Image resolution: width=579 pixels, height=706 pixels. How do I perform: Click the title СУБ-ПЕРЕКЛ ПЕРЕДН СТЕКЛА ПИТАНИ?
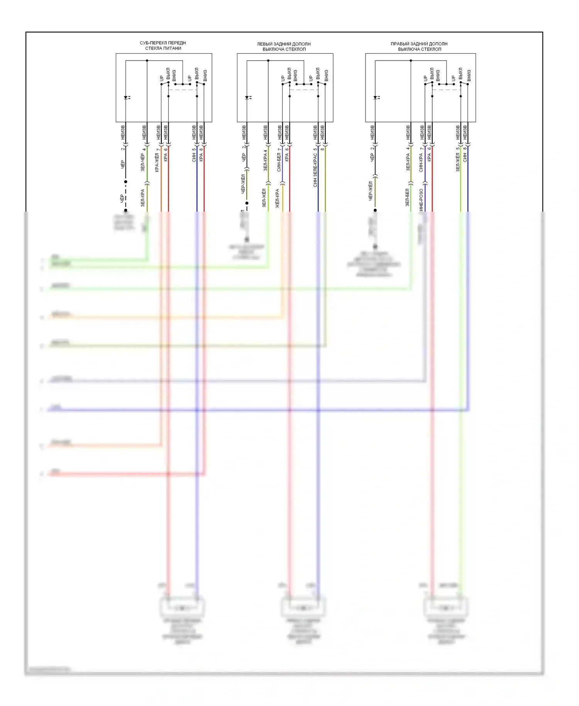[x=163, y=46]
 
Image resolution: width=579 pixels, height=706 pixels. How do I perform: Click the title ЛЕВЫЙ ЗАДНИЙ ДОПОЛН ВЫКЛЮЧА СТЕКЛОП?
[x=284, y=46]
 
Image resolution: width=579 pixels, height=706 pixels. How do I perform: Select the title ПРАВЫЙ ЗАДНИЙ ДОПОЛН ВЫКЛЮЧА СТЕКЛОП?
[x=419, y=46]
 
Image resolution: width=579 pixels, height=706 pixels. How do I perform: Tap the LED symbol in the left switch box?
[x=126, y=98]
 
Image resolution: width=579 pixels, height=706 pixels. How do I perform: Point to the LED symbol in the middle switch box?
[x=247, y=98]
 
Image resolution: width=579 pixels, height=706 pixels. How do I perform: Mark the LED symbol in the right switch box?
[x=376, y=98]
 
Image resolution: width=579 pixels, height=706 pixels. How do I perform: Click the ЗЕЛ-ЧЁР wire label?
[x=143, y=162]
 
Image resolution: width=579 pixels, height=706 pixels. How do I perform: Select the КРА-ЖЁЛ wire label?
[x=157, y=163]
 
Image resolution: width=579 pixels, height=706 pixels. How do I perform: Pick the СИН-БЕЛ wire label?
[x=279, y=162]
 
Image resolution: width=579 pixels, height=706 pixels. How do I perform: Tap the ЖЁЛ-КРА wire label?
[x=277, y=199]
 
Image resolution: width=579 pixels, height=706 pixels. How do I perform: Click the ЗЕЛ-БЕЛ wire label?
[x=407, y=197]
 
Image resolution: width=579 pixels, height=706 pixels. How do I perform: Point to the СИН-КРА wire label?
[x=421, y=163]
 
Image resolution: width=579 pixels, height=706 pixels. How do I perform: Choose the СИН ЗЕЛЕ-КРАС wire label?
[x=315, y=170]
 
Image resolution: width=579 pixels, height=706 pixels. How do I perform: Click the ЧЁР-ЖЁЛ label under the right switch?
[x=371, y=191]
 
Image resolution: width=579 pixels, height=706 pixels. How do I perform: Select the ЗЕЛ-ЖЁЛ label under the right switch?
[x=458, y=162]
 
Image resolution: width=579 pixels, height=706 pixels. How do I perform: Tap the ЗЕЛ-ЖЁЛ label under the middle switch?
[x=264, y=198]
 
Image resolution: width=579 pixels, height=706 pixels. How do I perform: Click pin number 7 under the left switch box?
[x=158, y=149]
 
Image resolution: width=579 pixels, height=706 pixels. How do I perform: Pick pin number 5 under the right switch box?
[x=458, y=149]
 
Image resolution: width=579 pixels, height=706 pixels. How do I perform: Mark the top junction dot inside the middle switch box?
[x=268, y=61]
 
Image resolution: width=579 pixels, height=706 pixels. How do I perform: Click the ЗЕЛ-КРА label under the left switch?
[x=143, y=198]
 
